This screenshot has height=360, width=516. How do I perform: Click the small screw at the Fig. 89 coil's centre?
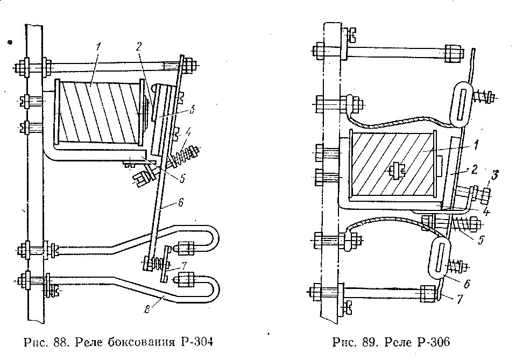(396, 171)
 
